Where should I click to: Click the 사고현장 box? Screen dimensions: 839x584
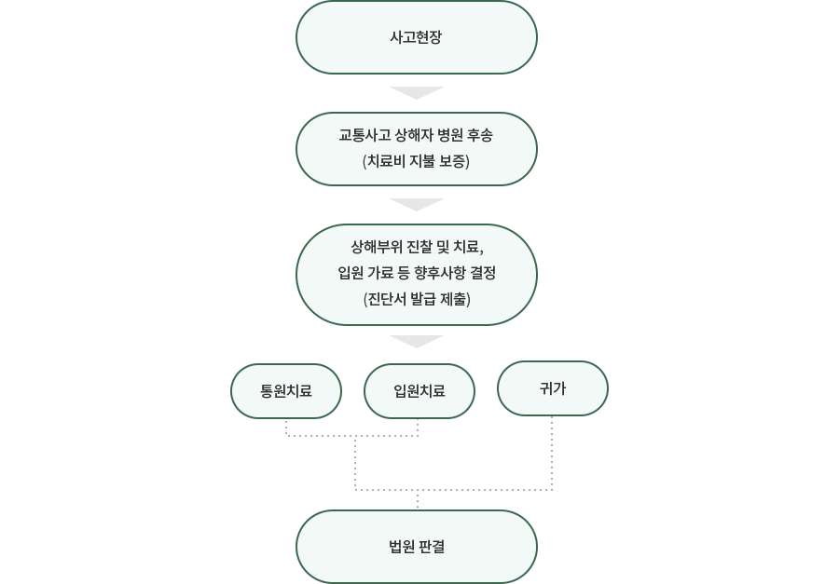417,37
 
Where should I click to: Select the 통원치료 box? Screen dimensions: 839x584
286,391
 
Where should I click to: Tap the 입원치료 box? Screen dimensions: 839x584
419,391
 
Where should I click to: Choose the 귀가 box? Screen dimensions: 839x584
552,388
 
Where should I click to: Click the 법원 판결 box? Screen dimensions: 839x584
417,547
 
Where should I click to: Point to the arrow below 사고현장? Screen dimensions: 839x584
417,92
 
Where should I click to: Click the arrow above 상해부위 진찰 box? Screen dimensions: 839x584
417,204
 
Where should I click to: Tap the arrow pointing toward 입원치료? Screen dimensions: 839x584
417,341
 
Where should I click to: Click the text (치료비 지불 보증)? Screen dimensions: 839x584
417,161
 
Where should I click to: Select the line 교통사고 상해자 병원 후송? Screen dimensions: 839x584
416,135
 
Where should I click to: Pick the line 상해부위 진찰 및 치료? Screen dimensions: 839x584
417,247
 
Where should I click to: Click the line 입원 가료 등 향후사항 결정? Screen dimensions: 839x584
417,273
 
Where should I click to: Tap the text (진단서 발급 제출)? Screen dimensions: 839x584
417,299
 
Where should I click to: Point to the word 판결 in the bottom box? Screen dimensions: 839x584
432,547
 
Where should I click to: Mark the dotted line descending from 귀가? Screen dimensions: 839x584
552,453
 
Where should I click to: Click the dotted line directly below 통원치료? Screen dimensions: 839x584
286,428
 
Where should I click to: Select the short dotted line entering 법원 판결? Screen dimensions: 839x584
418,499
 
